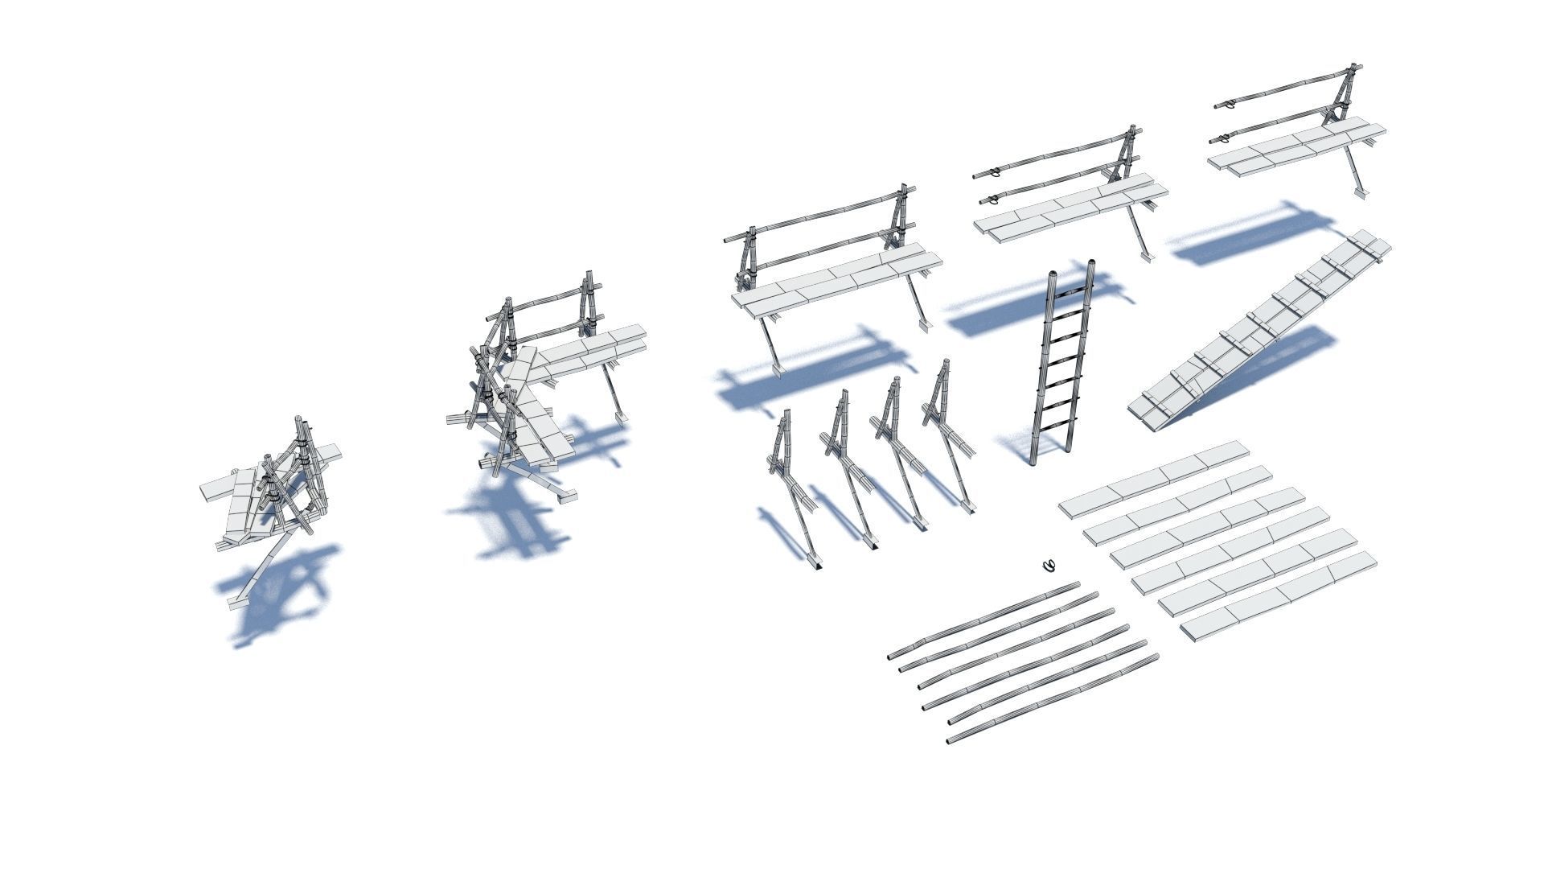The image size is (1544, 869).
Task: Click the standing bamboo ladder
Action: (1061, 370)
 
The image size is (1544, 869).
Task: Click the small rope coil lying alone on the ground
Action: (1047, 566)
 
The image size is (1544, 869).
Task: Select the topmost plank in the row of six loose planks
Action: (1154, 479)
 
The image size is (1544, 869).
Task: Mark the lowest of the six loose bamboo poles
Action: (1053, 700)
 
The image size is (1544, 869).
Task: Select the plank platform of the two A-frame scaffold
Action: (836, 282)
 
